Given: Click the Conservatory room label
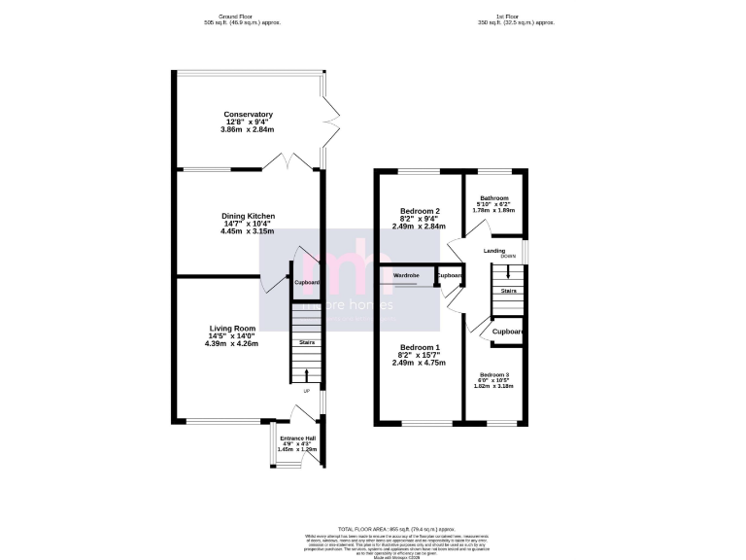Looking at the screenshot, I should coord(248,114).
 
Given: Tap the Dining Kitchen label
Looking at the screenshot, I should coord(248,215).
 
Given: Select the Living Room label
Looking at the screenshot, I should coord(231,329).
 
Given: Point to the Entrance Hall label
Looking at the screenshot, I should coord(298,437).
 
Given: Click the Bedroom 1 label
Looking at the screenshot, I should coord(420,347).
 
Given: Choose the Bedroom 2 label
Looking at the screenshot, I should coord(420,211).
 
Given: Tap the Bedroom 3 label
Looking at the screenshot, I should coord(494,375).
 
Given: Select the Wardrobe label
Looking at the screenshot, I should coord(406,275).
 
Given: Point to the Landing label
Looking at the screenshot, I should coord(494,251).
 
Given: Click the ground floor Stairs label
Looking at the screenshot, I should coord(307,342).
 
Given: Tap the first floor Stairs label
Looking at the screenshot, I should coord(508,291).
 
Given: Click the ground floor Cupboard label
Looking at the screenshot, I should coord(307,282).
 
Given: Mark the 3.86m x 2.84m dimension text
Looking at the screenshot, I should coord(248,129).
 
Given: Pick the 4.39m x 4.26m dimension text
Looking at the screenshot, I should coord(231,344).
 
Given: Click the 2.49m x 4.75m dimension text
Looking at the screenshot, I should coord(420,363).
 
